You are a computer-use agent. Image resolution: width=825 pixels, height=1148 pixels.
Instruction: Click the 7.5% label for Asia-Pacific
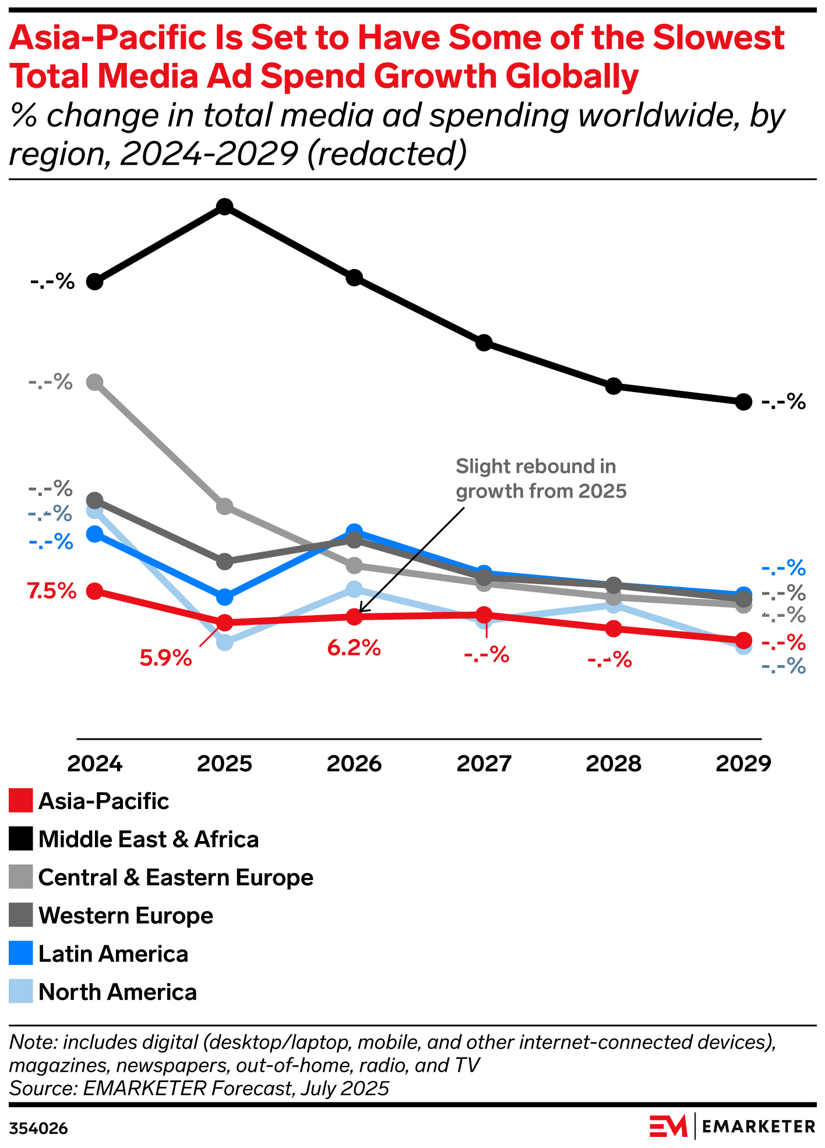coord(51,591)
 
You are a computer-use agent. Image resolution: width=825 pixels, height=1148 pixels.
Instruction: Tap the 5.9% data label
coord(165,658)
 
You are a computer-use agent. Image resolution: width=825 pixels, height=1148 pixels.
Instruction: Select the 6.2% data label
coord(354,647)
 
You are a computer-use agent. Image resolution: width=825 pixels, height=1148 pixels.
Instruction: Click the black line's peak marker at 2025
coord(225,207)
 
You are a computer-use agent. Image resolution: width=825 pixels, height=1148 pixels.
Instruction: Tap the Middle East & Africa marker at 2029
coord(743,401)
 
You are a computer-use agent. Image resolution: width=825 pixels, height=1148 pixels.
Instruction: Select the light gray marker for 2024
coord(95,382)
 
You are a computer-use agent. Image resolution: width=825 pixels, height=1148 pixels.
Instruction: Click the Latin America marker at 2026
coord(354,531)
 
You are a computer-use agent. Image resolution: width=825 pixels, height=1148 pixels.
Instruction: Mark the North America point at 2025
coord(225,642)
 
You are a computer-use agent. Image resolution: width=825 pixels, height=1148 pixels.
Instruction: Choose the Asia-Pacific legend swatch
coord(21,801)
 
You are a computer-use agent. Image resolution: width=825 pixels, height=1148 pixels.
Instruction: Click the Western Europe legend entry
coord(125,916)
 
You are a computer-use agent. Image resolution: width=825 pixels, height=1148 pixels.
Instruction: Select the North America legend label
coord(117,992)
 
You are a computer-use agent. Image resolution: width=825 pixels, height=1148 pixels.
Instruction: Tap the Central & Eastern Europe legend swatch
coord(21,877)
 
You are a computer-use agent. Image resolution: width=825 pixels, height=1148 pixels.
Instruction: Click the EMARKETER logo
coord(732,1126)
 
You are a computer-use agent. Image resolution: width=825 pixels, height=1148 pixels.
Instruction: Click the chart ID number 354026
coord(38,1129)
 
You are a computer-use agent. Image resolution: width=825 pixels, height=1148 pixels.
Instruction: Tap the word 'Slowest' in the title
coord(718,38)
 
